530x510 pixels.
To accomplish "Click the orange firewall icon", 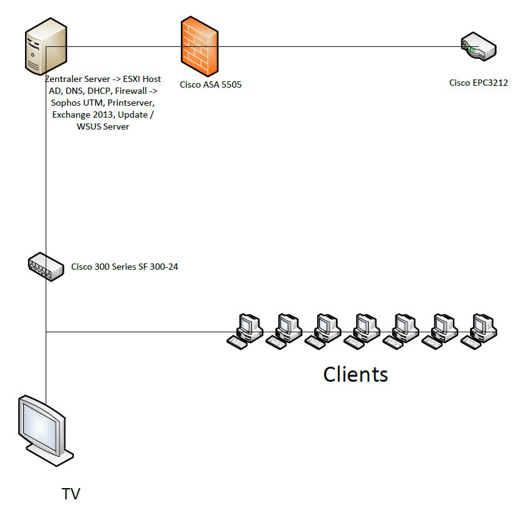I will coord(199,47).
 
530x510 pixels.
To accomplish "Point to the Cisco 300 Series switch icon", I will coord(46,267).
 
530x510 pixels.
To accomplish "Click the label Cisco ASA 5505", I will coord(210,84).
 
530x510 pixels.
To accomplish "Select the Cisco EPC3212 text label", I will coord(478,83).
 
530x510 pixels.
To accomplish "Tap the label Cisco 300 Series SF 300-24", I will coord(125,267).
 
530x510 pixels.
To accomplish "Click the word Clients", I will coord(355,374).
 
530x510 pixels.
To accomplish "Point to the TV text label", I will coord(71,494).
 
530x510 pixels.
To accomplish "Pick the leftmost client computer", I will coord(245,330).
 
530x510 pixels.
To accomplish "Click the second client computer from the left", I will coord(283,330).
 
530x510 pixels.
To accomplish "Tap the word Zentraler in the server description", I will coord(65,79).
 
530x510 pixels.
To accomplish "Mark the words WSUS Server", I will coord(103,127).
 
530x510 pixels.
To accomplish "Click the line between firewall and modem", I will coord(338,46).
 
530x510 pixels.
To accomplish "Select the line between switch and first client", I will coord(138,332).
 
